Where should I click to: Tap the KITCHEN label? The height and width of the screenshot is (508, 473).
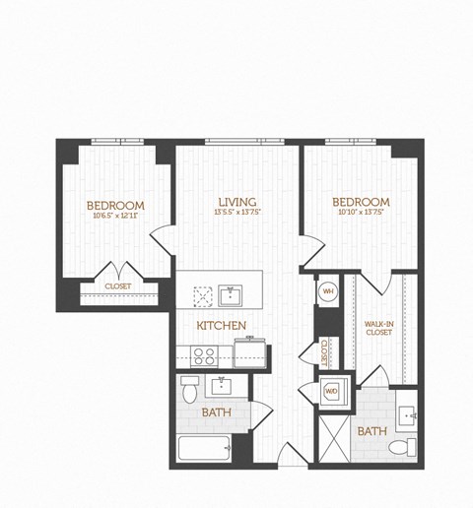[x=221, y=326]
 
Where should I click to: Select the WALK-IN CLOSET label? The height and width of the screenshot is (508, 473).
[x=378, y=328]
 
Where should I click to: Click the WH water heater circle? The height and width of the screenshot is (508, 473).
[x=328, y=291]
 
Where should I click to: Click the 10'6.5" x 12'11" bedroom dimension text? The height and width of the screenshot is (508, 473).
[x=116, y=215]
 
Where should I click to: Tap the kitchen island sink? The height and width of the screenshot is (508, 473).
[x=234, y=294]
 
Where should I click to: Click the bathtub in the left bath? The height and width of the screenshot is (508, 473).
[x=204, y=450]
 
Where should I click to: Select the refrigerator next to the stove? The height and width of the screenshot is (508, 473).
[x=247, y=353]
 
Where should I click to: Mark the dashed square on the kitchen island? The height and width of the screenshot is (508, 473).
[x=204, y=295]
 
